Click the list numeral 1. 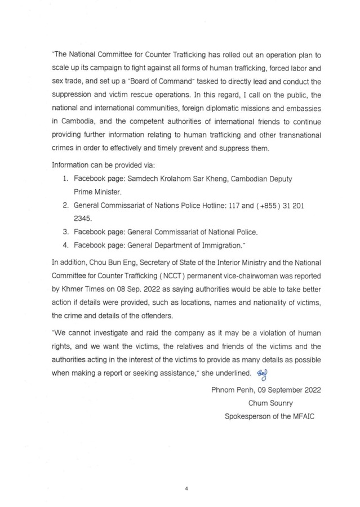click(x=65, y=178)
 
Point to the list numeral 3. click(x=65, y=232)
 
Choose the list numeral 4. click(x=65, y=246)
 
